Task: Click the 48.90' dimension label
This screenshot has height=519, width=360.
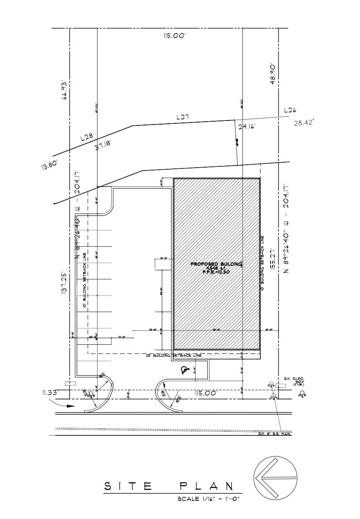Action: [x=273, y=74]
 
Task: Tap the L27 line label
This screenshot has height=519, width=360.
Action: [x=182, y=117]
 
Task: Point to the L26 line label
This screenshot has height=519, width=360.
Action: [x=290, y=111]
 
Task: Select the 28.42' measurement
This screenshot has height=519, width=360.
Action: [x=304, y=123]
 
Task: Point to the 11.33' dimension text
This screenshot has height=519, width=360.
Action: [x=50, y=392]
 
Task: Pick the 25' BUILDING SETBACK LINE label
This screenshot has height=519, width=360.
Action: [x=174, y=356]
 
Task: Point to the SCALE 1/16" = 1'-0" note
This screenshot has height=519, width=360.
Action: [x=209, y=499]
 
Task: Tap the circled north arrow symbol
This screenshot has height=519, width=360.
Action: [x=276, y=479]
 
